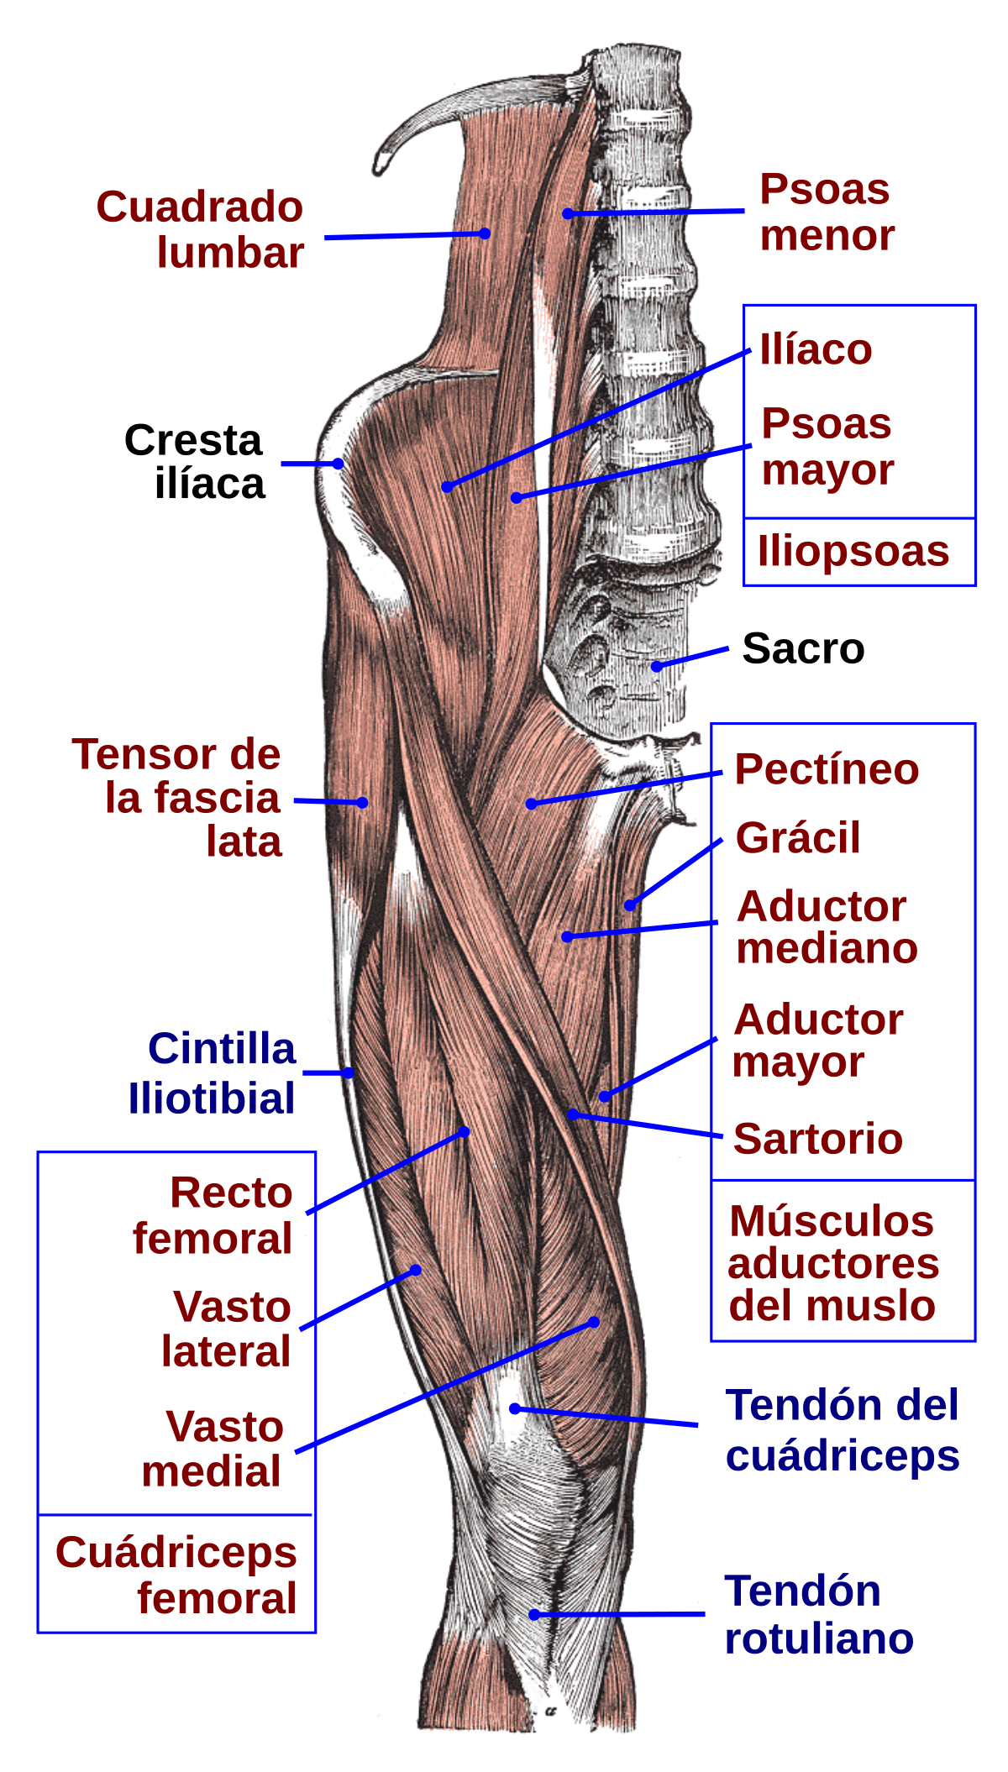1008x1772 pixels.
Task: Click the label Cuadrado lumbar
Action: pos(200,229)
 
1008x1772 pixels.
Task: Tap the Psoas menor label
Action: pos(827,212)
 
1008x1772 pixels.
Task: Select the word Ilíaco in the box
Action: pos(816,349)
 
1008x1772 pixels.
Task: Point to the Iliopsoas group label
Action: pos(853,552)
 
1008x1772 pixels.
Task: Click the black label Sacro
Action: pos(803,648)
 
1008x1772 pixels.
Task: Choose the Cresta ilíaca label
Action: pos(195,462)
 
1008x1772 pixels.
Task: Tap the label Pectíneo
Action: pos(827,769)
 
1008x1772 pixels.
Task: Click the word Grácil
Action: pos(798,837)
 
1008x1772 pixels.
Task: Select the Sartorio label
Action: pos(818,1139)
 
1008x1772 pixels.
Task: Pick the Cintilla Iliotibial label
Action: pos(212,1073)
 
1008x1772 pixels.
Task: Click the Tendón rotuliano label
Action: pos(819,1615)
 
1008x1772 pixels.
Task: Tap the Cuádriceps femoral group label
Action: pos(176,1575)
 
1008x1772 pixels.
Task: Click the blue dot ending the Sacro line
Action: pos(657,667)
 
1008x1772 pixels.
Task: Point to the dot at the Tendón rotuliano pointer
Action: pos(534,1614)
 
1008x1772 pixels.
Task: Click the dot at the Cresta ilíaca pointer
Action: pos(338,464)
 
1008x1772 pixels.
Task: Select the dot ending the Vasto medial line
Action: pos(594,1322)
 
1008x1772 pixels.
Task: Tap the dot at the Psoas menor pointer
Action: pos(568,213)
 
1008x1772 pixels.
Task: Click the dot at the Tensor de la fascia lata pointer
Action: pos(362,802)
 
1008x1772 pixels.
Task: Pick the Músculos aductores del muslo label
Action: pos(833,1263)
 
